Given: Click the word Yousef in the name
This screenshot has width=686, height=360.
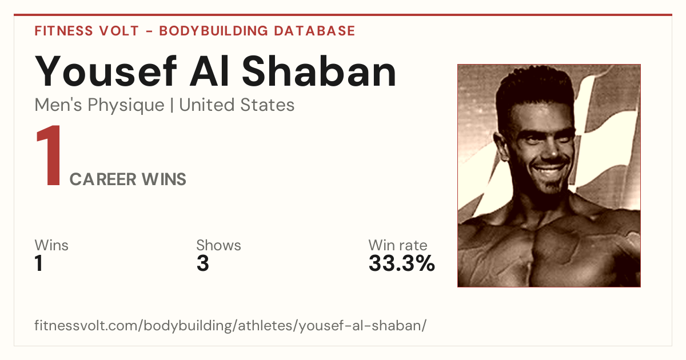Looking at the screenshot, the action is (106, 71).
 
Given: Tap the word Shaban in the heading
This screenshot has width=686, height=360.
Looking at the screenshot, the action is (319, 71).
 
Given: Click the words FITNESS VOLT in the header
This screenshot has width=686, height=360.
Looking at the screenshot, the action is (87, 31).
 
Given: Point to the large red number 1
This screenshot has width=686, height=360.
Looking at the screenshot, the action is (49, 155).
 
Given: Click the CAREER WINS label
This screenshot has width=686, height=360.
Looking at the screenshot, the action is (127, 179).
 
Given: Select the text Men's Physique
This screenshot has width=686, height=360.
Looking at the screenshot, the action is (99, 105).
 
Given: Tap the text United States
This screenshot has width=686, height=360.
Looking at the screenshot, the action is (237, 105).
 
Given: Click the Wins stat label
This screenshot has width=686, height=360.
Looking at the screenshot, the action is (51, 245).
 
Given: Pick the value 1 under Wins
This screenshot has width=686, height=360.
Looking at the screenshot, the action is (39, 263).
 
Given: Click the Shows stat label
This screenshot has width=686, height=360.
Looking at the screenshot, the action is (218, 245).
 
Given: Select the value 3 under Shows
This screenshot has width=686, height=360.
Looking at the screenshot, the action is (203, 263).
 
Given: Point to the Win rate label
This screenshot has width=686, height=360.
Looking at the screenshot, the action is (398, 245).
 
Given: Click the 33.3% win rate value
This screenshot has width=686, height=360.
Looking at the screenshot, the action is (402, 263).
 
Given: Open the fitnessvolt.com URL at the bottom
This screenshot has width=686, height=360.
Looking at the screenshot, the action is (230, 326).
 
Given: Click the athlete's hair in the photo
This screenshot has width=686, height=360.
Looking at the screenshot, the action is (535, 89).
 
